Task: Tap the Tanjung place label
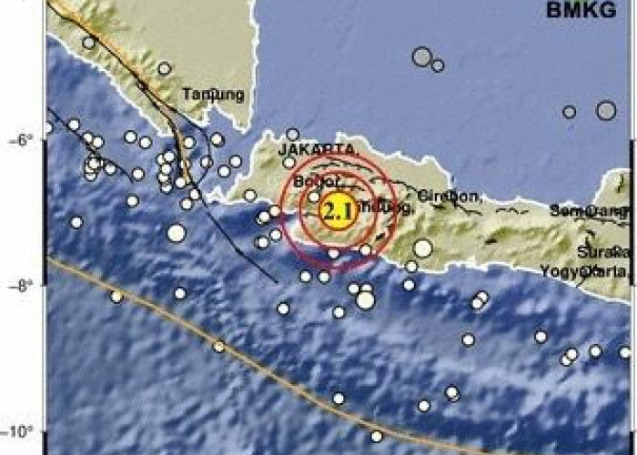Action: pyautogui.click(x=213, y=94)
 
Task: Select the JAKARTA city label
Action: pyautogui.click(x=317, y=149)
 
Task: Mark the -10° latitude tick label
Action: pyautogui.click(x=19, y=431)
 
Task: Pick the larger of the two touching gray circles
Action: pyautogui.click(x=421, y=57)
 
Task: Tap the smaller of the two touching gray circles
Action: pyautogui.click(x=438, y=66)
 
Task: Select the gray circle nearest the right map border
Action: pyautogui.click(x=606, y=110)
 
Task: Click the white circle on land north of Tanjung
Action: pyautogui.click(x=164, y=68)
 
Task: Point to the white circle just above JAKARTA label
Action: pyautogui.click(x=292, y=135)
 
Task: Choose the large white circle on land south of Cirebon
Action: pyautogui.click(x=422, y=248)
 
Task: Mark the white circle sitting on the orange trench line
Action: pyautogui.click(x=218, y=346)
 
